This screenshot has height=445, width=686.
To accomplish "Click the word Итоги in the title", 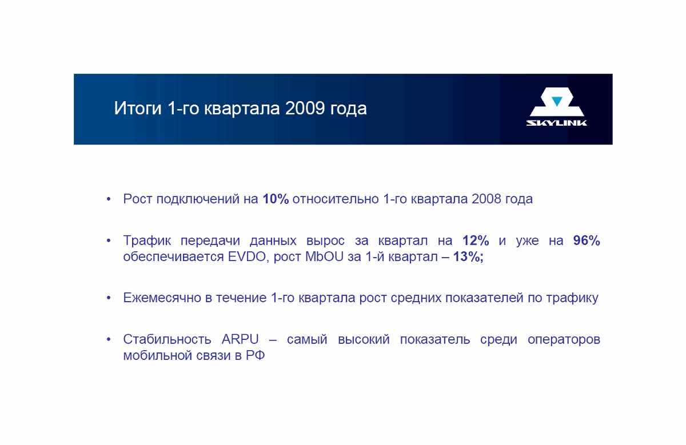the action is click(x=138, y=109).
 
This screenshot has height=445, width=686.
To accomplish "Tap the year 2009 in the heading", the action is click(x=305, y=109).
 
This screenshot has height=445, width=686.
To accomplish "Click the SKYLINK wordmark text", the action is click(x=556, y=123).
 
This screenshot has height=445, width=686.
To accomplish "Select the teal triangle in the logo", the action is click(x=557, y=101).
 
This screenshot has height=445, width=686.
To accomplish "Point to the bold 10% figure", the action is click(x=276, y=199).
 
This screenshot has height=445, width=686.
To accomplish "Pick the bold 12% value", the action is click(x=476, y=240).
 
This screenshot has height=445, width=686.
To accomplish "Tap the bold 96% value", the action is click(x=587, y=240).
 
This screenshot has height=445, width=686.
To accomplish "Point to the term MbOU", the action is click(x=324, y=257).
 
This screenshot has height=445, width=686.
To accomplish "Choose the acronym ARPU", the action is click(x=240, y=339).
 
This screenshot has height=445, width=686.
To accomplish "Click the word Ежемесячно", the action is click(x=162, y=298).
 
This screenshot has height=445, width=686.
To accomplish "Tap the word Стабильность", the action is click(x=167, y=339).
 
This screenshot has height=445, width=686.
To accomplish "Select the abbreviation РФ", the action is click(x=255, y=355).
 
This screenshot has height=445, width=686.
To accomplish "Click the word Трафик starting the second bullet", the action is click(x=147, y=240).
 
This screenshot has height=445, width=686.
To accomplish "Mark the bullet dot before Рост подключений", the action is click(x=109, y=199).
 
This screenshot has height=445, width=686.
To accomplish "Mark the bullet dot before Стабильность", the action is click(x=109, y=339).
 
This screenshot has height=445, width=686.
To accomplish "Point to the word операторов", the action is click(x=564, y=340).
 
